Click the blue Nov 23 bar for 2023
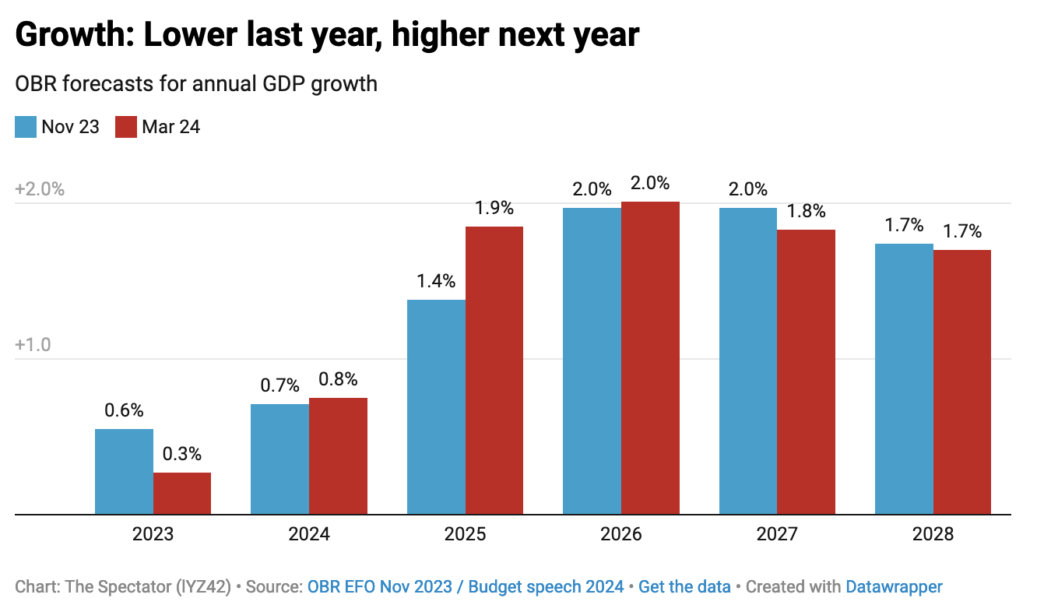pos(124,471)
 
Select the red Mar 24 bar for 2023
pos(182,493)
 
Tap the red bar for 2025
pos(494,370)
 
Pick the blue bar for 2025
pos(436,406)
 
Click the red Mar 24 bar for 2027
pos(806,371)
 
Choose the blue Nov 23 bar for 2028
pos(904,378)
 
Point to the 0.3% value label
pos(182,454)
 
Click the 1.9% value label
pos(494,208)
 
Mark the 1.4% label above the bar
pos(436,281)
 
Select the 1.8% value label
pos(806,211)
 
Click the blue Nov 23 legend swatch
pos(26,127)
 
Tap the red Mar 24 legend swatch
pos(126,127)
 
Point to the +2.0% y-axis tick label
pos(39,190)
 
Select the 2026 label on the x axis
pos(620,535)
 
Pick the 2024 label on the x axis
pos(309,535)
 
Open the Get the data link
pos(684,587)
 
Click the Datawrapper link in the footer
pos(894,587)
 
